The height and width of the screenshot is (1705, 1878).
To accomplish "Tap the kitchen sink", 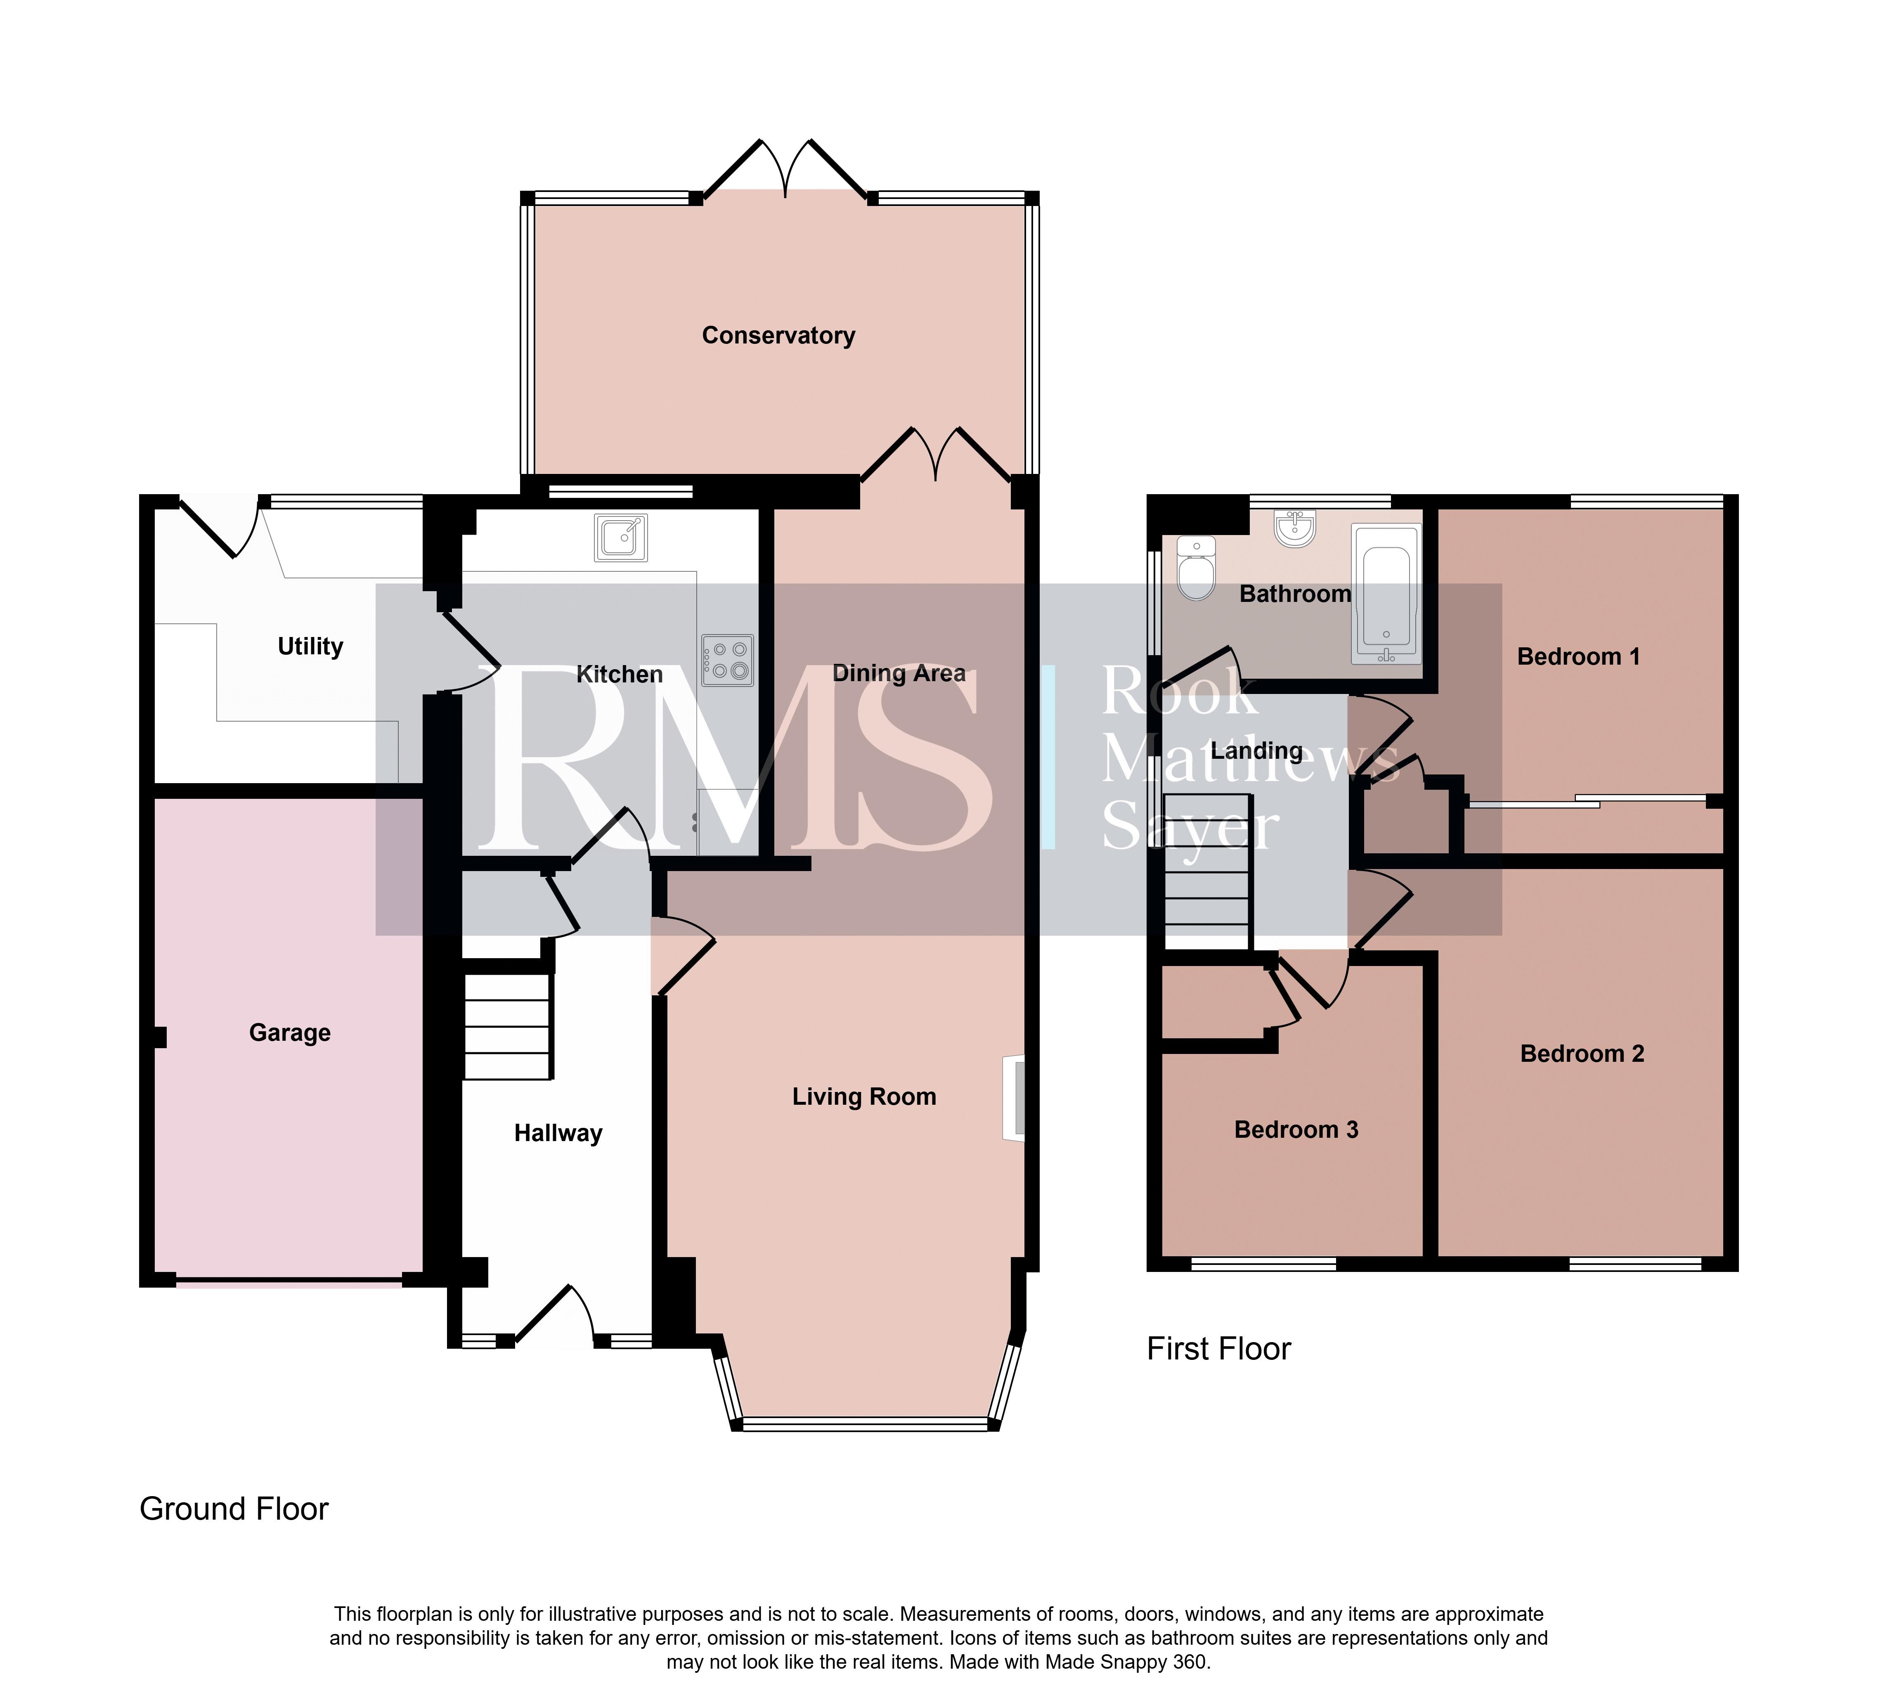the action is click(620, 538).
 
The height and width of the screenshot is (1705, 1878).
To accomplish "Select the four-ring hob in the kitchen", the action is click(728, 661).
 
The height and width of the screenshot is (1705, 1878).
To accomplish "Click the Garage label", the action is click(290, 1032).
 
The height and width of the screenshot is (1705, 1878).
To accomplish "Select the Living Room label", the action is click(863, 1096).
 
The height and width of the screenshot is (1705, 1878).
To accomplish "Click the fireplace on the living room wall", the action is click(1014, 1098).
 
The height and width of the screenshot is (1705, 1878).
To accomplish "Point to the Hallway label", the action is click(558, 1133).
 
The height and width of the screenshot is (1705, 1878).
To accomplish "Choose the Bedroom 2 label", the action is click(1582, 1054).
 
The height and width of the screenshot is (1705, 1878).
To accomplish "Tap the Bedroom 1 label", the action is click(1578, 657).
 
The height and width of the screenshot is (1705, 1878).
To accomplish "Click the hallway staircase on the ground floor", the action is click(508, 1026).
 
